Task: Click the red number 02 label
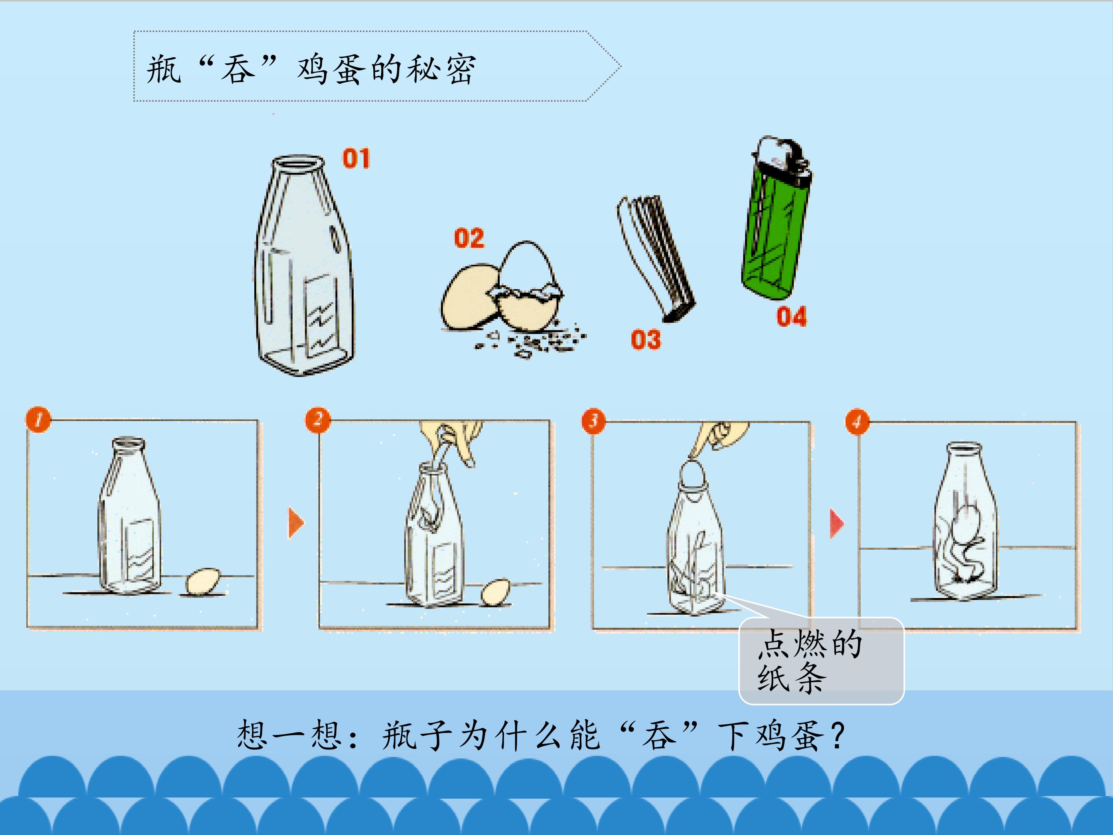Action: pyautogui.click(x=469, y=238)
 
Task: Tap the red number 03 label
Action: pyautogui.click(x=646, y=339)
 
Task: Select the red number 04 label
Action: pyautogui.click(x=791, y=317)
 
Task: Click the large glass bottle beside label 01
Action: pyautogui.click(x=305, y=265)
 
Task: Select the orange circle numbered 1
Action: pyautogui.click(x=39, y=419)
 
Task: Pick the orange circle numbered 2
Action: pyautogui.click(x=318, y=419)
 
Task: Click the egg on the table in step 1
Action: pyautogui.click(x=203, y=581)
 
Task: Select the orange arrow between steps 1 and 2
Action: pyautogui.click(x=296, y=523)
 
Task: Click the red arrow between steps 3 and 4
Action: pyautogui.click(x=837, y=523)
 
